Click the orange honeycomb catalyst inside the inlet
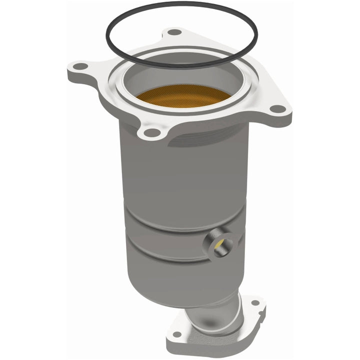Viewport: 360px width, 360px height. [x=183, y=95]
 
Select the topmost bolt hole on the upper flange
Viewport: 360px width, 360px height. [x=174, y=32]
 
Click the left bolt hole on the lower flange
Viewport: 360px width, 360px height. [x=176, y=334]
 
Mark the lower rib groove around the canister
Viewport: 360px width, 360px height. [x=165, y=257]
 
